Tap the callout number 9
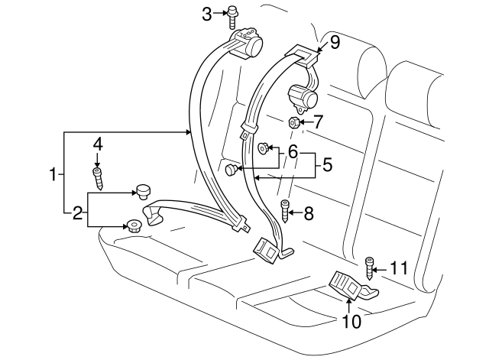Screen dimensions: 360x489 tap(334, 44)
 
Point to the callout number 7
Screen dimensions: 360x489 tap(319, 121)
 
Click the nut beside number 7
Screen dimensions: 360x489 tap(293, 122)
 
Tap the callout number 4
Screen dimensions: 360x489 tap(97, 143)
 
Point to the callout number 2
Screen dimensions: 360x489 tap(77, 213)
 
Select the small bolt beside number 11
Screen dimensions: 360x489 tap(371, 268)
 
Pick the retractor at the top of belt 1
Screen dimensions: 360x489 tap(248, 43)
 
